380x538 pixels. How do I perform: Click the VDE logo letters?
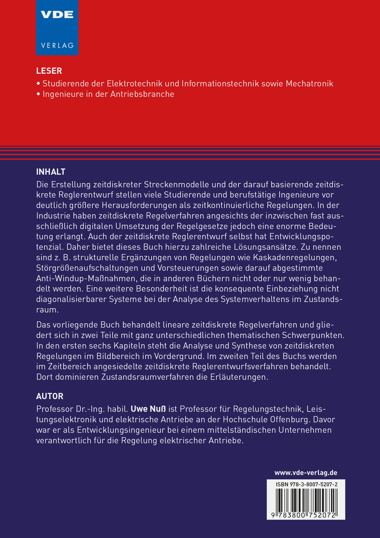tap(57, 15)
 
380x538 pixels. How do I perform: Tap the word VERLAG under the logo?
tap(57, 45)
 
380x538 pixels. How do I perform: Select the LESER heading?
tap(49, 71)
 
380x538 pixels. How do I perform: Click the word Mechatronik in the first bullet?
tap(309, 84)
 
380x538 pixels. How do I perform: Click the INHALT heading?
tap(51, 172)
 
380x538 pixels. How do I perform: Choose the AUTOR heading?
tap(50, 396)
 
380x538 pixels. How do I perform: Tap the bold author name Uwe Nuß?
tap(148, 409)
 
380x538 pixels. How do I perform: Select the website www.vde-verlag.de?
tap(306, 473)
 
